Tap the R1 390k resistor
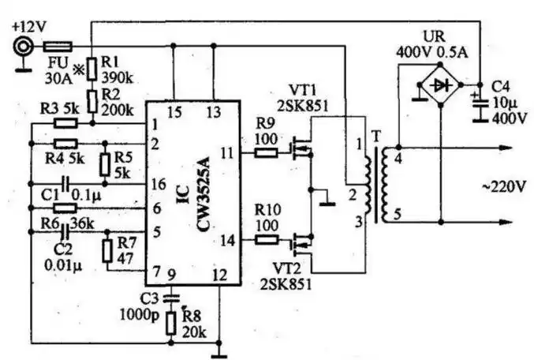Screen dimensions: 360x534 (x=93, y=69)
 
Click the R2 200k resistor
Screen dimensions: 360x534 (x=93, y=101)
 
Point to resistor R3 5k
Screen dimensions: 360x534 (x=65, y=123)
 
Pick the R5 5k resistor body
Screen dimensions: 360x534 (x=104, y=164)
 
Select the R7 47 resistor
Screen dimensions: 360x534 (x=108, y=251)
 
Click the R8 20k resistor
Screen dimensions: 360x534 (x=170, y=325)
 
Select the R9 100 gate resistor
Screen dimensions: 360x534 (x=267, y=152)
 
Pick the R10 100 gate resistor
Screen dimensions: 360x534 (x=267, y=239)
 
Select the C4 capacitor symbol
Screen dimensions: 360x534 (x=478, y=100)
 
